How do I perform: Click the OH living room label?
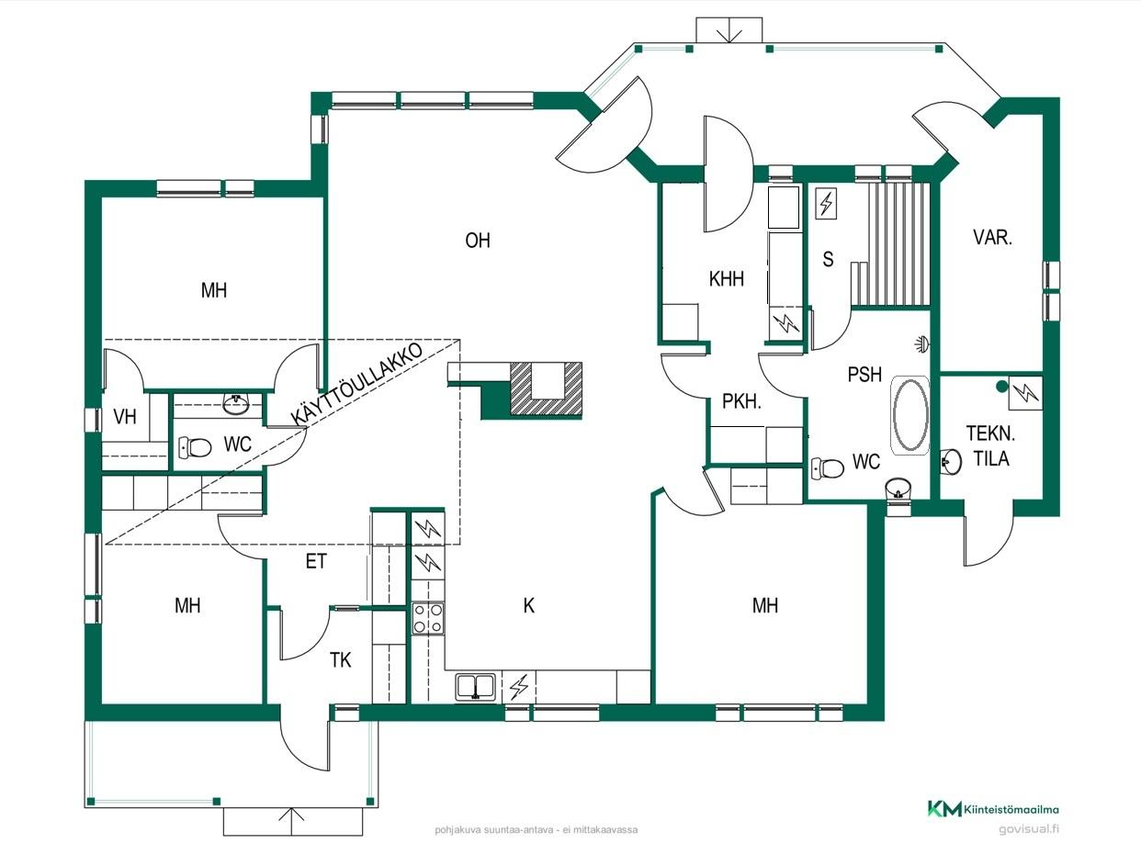[x=477, y=241]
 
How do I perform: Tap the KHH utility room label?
[x=726, y=279]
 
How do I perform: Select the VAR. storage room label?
[x=992, y=237]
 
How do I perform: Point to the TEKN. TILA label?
[x=990, y=445]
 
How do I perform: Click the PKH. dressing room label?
[x=741, y=401]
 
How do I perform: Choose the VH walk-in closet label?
[x=125, y=417]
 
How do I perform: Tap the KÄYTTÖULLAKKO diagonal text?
[x=356, y=384]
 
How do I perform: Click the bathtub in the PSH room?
[x=910, y=415]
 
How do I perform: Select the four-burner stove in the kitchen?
[x=428, y=618]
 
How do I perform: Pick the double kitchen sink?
[x=476, y=687]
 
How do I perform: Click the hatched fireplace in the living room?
[x=546, y=388]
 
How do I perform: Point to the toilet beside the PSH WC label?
[x=828, y=468]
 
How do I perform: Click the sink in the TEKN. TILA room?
[x=951, y=461]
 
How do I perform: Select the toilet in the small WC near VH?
[x=195, y=446]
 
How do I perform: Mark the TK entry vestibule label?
[x=341, y=660]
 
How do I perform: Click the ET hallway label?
[x=316, y=561]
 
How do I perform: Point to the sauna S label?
[x=828, y=259]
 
